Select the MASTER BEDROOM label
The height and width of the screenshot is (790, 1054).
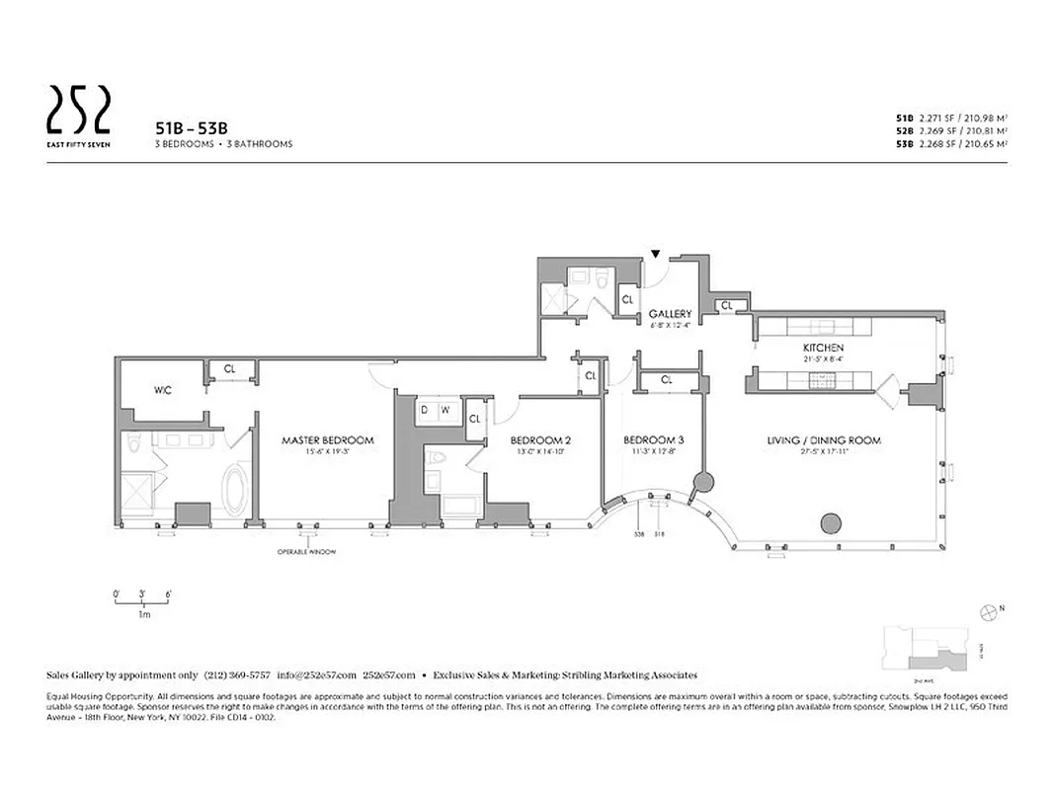[x=328, y=440]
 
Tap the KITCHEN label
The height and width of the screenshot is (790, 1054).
[x=822, y=349]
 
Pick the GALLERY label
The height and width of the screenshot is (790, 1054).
[x=670, y=315]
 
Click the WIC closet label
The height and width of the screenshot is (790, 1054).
[x=163, y=391]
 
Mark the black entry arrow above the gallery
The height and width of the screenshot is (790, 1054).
[x=655, y=255]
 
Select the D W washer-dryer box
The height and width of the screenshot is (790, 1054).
[x=435, y=410]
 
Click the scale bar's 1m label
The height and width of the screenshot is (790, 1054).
[x=143, y=614]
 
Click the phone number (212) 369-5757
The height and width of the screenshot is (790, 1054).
[x=237, y=675]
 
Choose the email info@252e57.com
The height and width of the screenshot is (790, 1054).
[x=316, y=675]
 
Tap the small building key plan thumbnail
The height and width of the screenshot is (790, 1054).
[x=923, y=646]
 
